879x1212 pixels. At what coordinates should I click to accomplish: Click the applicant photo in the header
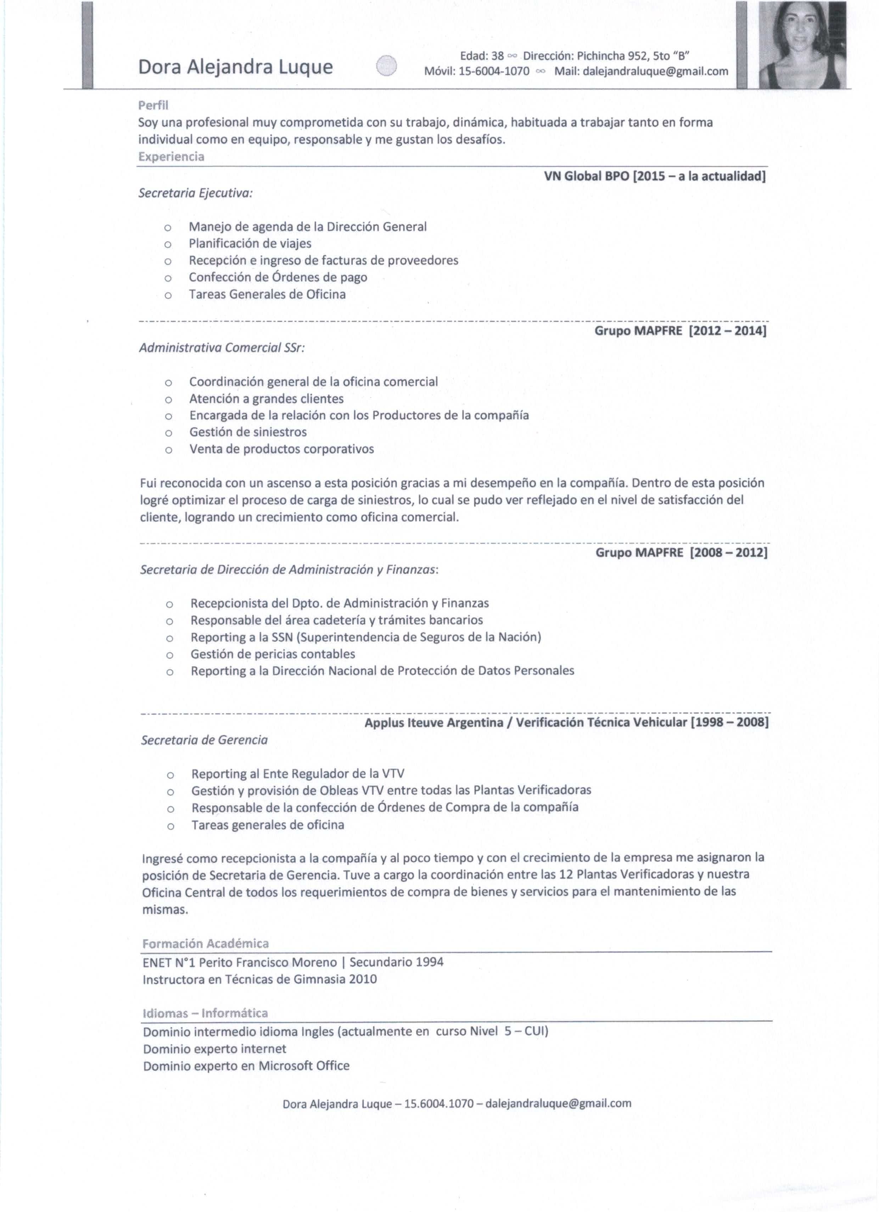[802, 45]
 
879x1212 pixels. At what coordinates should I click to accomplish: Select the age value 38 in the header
[498, 56]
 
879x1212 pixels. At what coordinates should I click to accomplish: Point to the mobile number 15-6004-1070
[494, 71]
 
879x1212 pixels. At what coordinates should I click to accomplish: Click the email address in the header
[655, 71]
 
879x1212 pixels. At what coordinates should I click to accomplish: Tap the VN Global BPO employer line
[655, 176]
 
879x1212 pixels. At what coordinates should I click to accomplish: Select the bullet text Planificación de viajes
[250, 244]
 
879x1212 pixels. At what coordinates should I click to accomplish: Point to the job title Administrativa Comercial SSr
[222, 348]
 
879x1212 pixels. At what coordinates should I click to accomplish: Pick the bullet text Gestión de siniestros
[248, 432]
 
